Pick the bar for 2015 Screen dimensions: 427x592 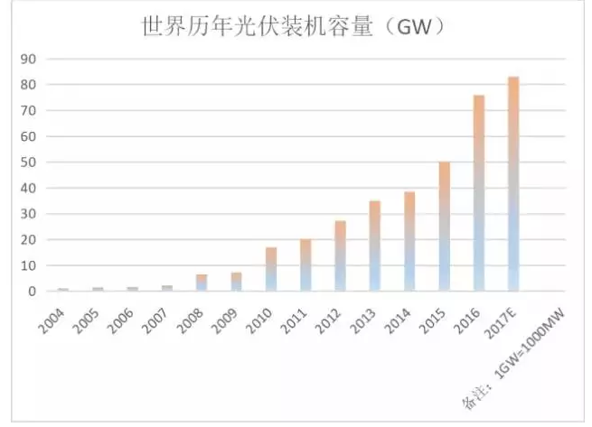[444, 226]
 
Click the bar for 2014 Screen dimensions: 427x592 [409, 241]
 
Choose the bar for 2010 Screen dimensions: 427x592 [271, 269]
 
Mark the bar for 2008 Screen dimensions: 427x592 [202, 283]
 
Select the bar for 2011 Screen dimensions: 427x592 [305, 265]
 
